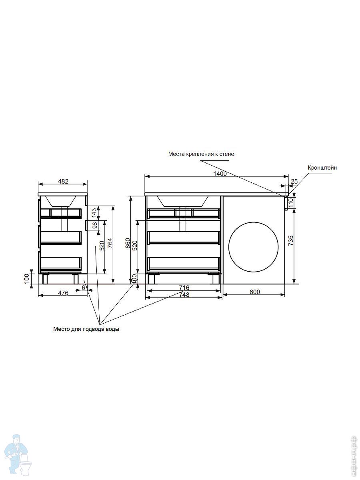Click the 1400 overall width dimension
(220, 174)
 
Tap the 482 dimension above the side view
(63, 181)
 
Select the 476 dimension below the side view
(63, 293)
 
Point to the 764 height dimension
(110, 243)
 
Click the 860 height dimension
(128, 243)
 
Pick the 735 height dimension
(291, 240)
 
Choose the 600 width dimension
(255, 292)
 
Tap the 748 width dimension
(184, 295)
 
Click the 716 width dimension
(184, 288)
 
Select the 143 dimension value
(94, 213)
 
